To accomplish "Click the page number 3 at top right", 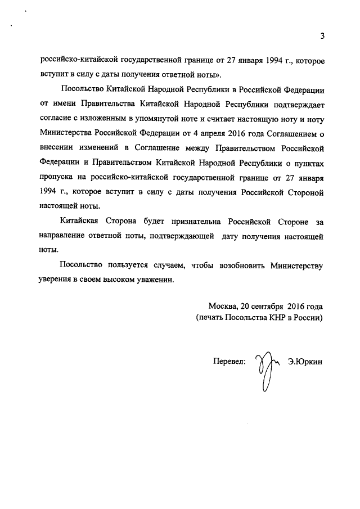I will coord(322,37).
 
